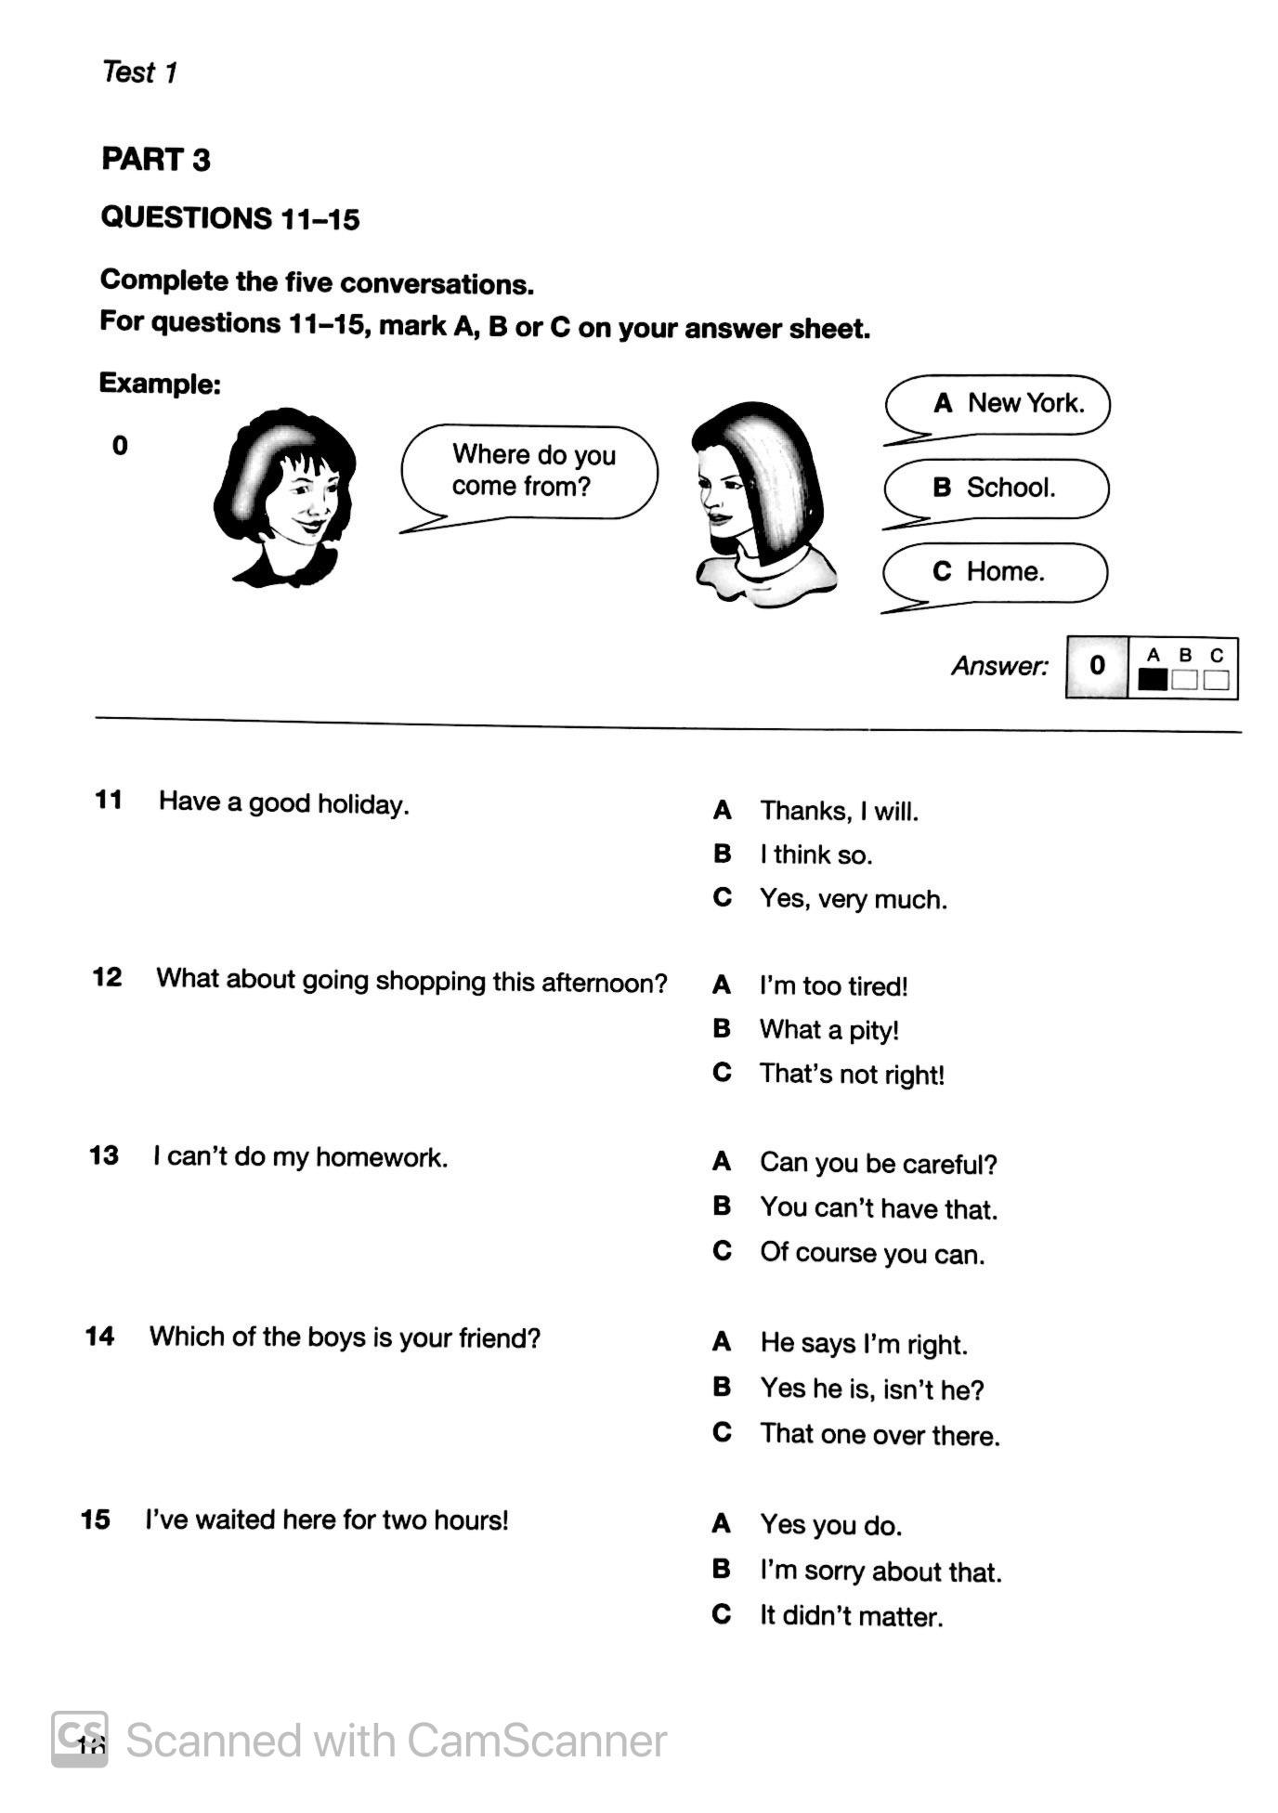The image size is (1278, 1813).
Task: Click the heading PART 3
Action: [x=156, y=160]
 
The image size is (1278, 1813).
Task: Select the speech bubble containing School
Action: [x=997, y=489]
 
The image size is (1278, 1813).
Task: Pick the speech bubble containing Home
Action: [x=995, y=572]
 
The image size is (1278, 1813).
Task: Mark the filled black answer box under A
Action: [x=1153, y=679]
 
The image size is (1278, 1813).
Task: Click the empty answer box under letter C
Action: [x=1216, y=680]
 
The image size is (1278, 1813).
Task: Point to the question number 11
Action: [x=109, y=800]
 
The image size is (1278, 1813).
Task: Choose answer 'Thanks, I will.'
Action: [x=839, y=812]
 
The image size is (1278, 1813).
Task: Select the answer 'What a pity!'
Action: [x=828, y=1030]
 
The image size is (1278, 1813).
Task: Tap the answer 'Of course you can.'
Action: [x=871, y=1253]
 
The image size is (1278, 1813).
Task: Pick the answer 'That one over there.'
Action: [x=880, y=1435]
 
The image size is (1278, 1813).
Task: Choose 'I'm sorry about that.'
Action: [x=880, y=1572]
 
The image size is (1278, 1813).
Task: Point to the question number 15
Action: [x=96, y=1520]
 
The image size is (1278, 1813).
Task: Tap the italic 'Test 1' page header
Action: [x=139, y=72]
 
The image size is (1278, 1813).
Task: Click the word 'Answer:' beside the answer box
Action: [x=999, y=666]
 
